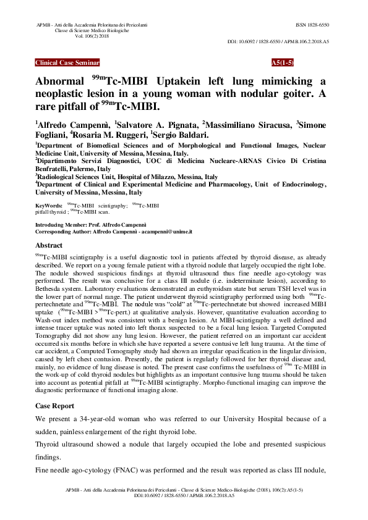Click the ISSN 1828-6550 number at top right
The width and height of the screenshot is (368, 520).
pos(312,25)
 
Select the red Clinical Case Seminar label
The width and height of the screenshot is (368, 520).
pos(67,63)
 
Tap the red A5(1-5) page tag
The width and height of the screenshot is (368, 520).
pos(283,63)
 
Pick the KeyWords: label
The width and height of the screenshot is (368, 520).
pos(49,204)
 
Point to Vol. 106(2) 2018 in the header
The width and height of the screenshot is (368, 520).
pos(92,36)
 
